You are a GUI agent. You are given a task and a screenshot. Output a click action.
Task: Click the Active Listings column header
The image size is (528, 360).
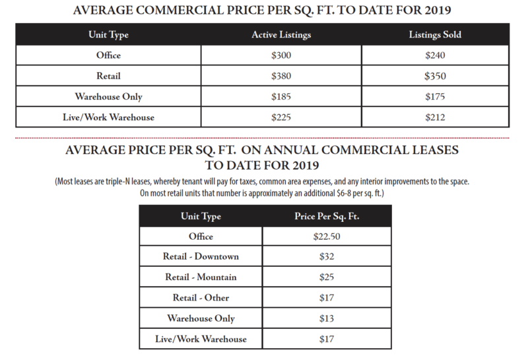(x=281, y=34)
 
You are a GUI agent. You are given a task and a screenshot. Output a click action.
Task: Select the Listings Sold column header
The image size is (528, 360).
(x=435, y=34)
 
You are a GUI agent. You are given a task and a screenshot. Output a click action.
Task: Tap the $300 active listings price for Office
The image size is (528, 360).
(x=281, y=55)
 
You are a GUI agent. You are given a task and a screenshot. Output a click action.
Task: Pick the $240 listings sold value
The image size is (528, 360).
(x=435, y=55)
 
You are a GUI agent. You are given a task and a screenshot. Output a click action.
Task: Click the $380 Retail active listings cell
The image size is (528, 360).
(x=281, y=75)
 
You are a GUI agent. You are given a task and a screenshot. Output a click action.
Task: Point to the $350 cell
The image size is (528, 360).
(x=435, y=75)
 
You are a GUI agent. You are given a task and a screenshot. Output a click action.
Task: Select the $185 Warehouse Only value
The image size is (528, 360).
(x=281, y=96)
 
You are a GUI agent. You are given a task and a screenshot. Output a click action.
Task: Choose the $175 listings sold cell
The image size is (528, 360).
(x=435, y=96)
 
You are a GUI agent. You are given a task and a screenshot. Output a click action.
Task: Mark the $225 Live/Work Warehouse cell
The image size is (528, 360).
(x=281, y=117)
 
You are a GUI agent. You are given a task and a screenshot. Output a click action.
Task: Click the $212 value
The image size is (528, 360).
(x=435, y=117)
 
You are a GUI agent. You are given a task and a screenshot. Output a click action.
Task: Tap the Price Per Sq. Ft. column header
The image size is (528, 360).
(x=327, y=216)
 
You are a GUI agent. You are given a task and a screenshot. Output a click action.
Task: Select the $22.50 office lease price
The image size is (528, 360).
(x=327, y=236)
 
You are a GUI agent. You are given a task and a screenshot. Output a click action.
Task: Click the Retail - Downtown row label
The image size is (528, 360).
(x=201, y=256)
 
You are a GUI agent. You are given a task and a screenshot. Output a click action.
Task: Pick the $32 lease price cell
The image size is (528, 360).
(x=327, y=256)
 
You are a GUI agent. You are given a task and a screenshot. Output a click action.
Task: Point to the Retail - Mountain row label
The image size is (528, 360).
(x=201, y=277)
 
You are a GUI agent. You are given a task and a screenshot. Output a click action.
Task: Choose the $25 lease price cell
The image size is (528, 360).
(x=327, y=277)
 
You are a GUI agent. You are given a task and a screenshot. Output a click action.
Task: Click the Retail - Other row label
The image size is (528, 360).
(x=201, y=297)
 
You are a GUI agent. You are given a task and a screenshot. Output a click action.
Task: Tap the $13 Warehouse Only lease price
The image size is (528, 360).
(x=327, y=318)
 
